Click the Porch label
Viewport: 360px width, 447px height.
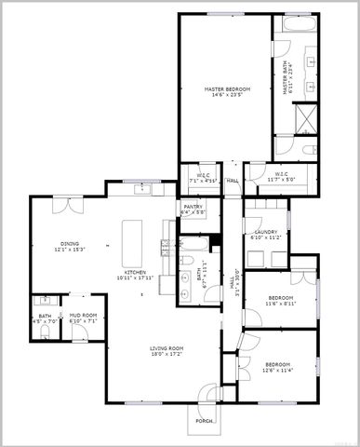(204, 420)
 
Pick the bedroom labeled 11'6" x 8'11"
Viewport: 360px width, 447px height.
(280, 300)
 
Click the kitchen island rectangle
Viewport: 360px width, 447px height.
(133, 241)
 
